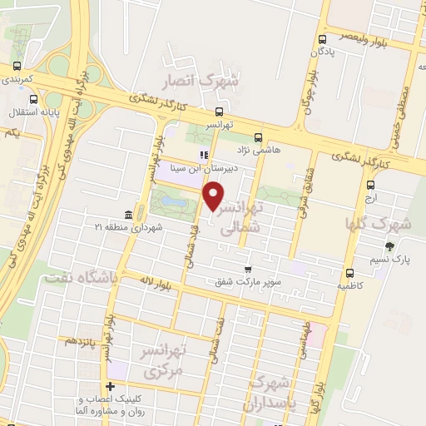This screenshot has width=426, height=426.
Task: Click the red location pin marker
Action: tap(214, 196)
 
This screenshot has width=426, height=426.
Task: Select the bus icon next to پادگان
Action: tap(321, 38)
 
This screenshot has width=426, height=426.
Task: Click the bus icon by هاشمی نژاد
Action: tap(257, 136)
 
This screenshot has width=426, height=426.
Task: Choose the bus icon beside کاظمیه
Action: tap(349, 272)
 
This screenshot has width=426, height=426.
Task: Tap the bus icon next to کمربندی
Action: tap(17, 67)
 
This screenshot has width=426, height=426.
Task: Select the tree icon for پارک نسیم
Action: tap(389, 246)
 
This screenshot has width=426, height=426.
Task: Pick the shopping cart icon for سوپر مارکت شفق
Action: tap(248, 269)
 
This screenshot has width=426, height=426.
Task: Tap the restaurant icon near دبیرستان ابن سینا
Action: tap(202, 154)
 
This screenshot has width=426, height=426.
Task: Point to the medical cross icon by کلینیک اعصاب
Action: tap(109, 385)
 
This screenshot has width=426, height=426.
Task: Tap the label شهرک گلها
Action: tap(389, 225)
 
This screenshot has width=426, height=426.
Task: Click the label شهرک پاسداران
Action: tap(271, 394)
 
